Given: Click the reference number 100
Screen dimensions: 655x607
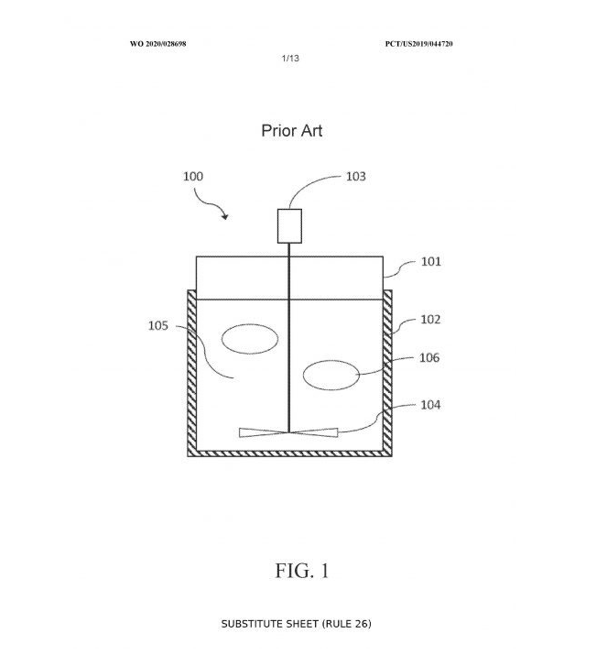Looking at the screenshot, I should tap(194, 177).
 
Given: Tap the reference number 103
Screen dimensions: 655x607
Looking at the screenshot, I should tap(355, 177).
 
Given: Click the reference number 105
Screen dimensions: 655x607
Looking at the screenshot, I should tap(158, 325).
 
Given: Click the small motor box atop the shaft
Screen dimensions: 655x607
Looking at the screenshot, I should tap(289, 226).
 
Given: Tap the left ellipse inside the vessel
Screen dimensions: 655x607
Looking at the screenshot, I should tap(250, 339).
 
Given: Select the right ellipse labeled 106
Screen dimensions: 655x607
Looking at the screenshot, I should tap(331, 375).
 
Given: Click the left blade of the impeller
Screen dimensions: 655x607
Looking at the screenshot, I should tap(263, 432).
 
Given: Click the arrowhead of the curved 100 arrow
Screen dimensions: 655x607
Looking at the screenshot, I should tap(224, 217).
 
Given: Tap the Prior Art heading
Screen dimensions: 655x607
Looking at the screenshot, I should tap(292, 131).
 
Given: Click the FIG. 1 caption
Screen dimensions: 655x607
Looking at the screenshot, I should tap(302, 571).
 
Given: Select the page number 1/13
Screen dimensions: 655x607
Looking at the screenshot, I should tap(290, 58).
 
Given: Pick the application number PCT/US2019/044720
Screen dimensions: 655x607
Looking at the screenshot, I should tap(419, 43).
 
